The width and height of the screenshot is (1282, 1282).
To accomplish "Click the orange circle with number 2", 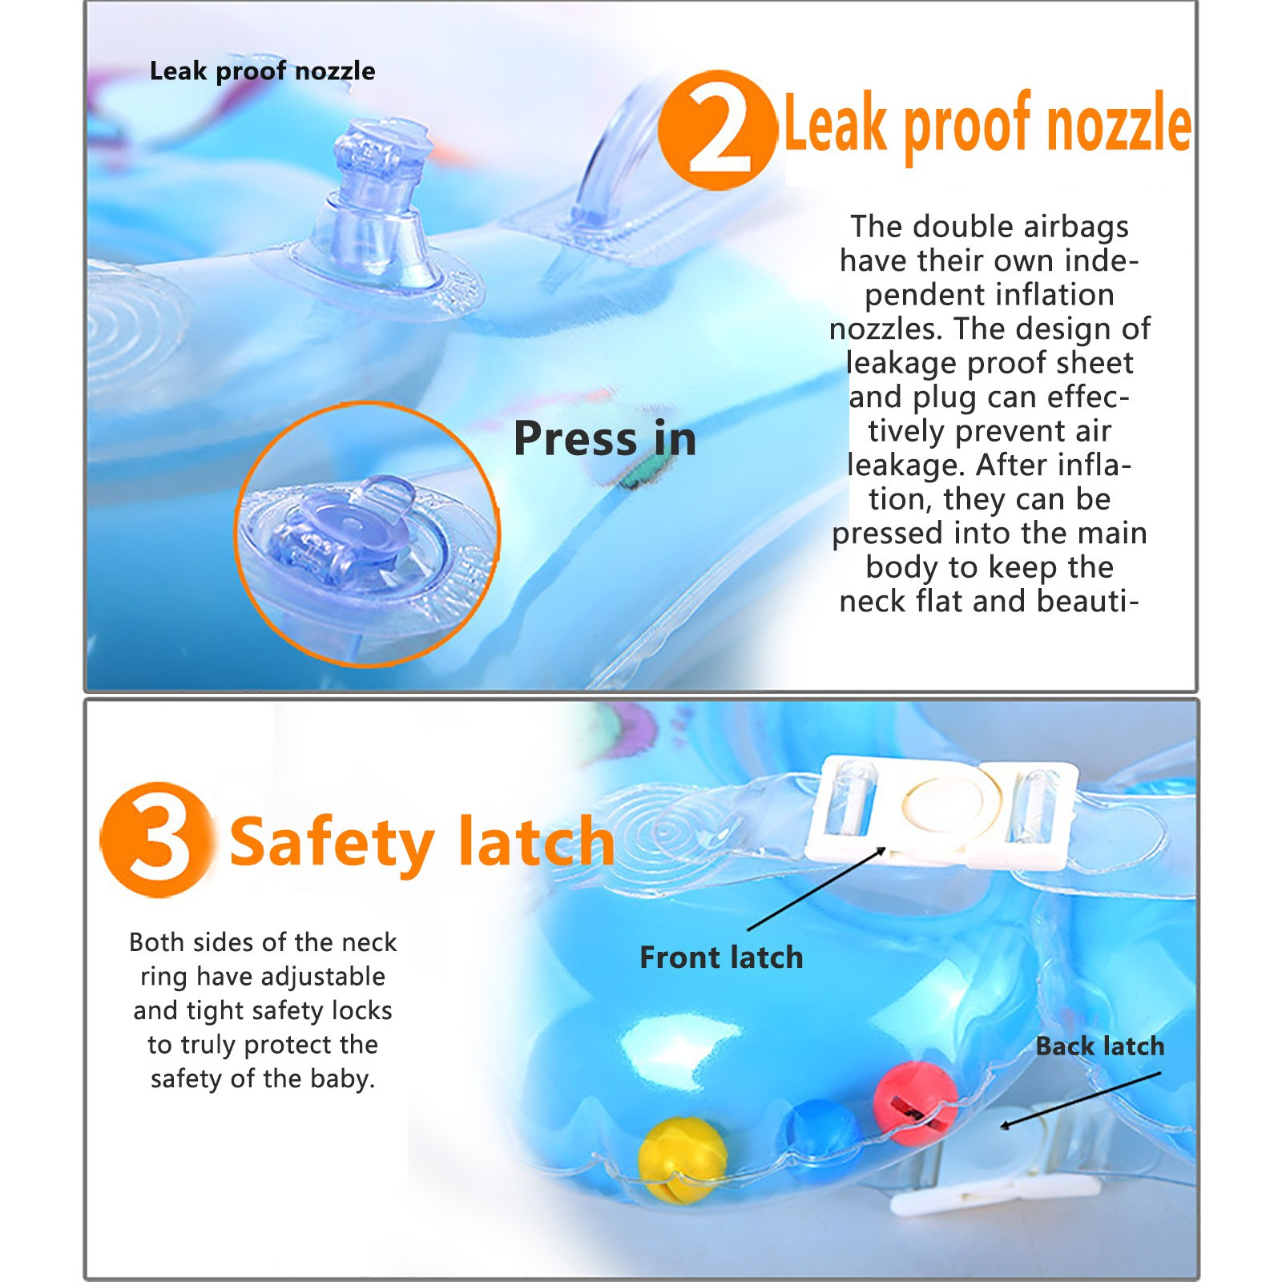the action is coord(717,130).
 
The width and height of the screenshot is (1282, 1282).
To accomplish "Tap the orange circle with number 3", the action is coord(158,839).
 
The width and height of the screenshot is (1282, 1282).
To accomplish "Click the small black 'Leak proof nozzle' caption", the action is coord(262,71).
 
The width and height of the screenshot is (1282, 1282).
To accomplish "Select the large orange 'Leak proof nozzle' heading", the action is coord(987,124).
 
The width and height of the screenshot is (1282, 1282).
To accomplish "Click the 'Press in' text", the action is coord(605,438).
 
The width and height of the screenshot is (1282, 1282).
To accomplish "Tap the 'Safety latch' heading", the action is coord(422,842).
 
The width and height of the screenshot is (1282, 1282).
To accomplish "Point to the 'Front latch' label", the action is coord(721,957).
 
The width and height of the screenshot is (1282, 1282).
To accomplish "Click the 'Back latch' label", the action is coord(1100,1046).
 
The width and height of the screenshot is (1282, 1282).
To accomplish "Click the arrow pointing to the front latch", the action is coord(816,889).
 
